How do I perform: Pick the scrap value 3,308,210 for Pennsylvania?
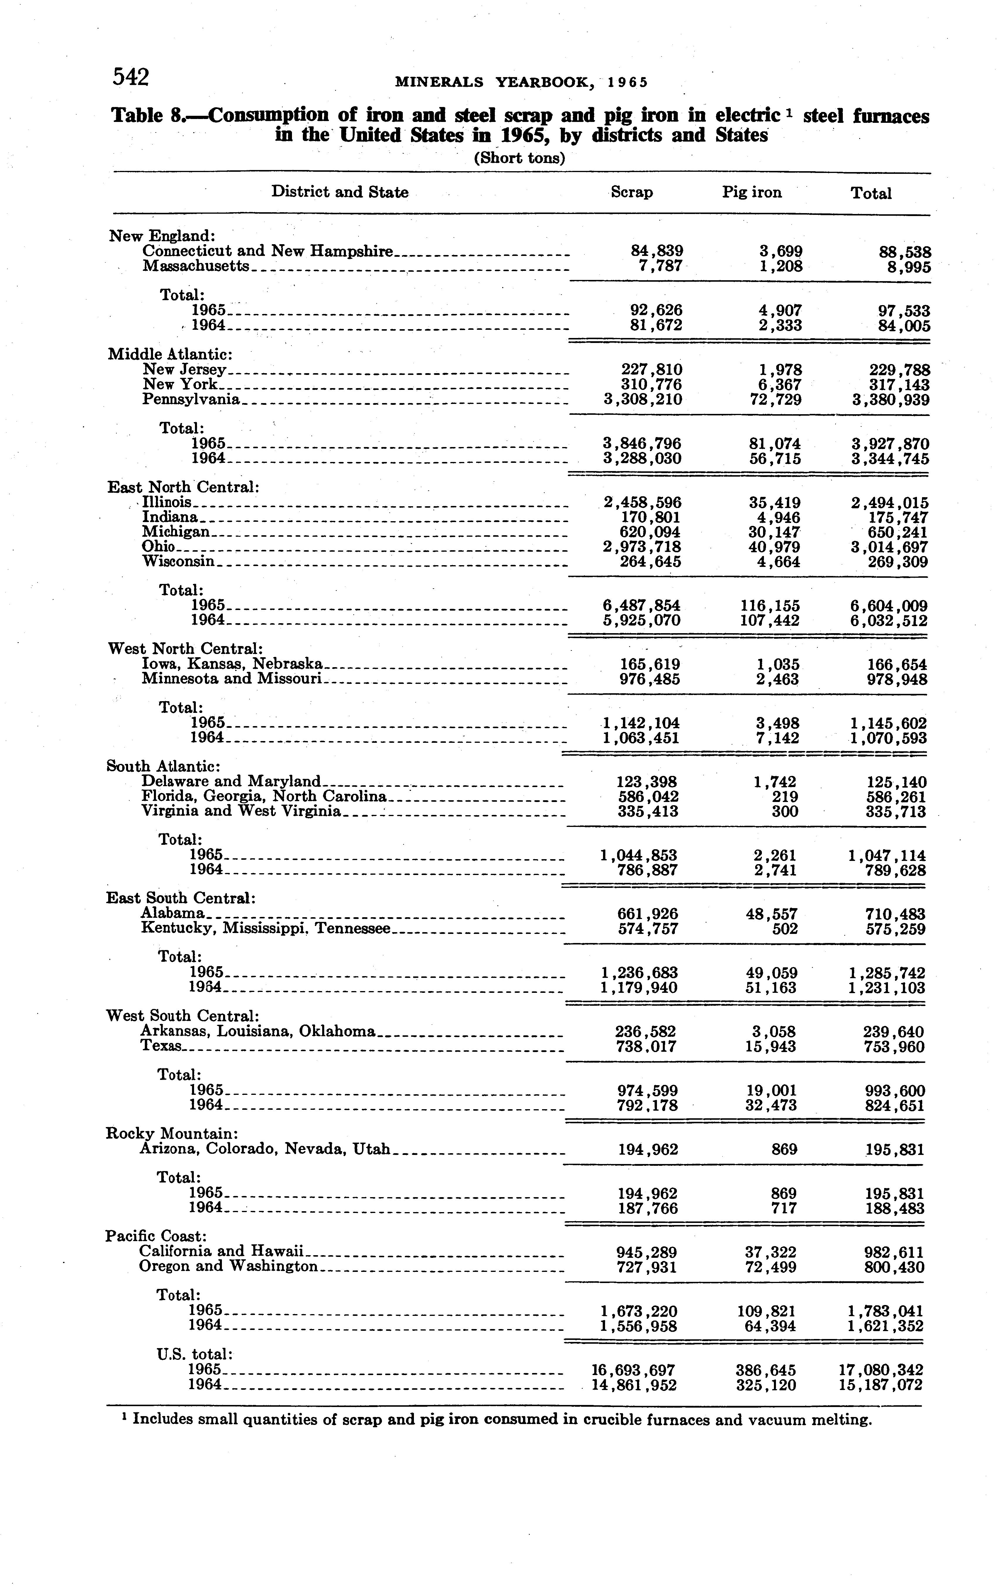point(643,399)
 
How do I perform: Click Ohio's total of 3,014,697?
point(890,547)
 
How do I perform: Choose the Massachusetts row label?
point(196,266)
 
